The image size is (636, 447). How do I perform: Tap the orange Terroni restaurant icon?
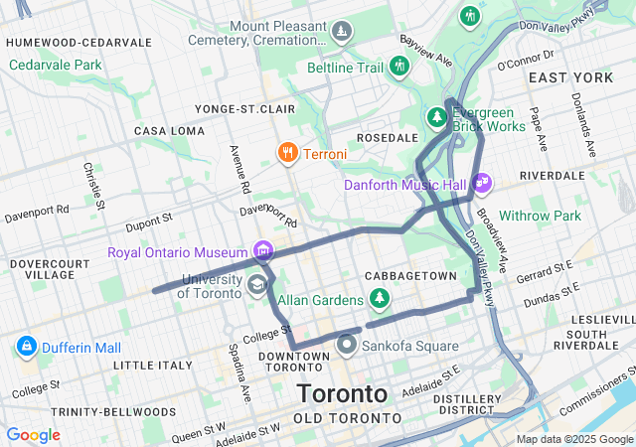pos(286,153)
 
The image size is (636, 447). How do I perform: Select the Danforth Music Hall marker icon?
pos(483,184)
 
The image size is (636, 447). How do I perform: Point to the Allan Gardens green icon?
pos(378,297)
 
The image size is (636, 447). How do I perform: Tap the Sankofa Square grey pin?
pos(347,345)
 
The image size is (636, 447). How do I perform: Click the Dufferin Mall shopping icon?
pos(27,348)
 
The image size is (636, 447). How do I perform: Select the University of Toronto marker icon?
pos(257,286)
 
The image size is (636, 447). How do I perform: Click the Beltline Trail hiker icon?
pos(399,67)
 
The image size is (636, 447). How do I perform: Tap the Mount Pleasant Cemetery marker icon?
pos(342,32)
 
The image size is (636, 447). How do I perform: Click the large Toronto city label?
pos(341,392)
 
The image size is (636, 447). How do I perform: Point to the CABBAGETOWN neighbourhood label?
pos(410,275)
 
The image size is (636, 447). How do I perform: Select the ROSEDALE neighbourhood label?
pos(388,137)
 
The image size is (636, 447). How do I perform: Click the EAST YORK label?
pos(571,77)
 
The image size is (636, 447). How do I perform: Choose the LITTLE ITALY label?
pos(147,366)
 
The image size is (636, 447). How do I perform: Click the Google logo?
pos(33,435)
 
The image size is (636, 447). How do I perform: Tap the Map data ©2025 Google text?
pos(573,439)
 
